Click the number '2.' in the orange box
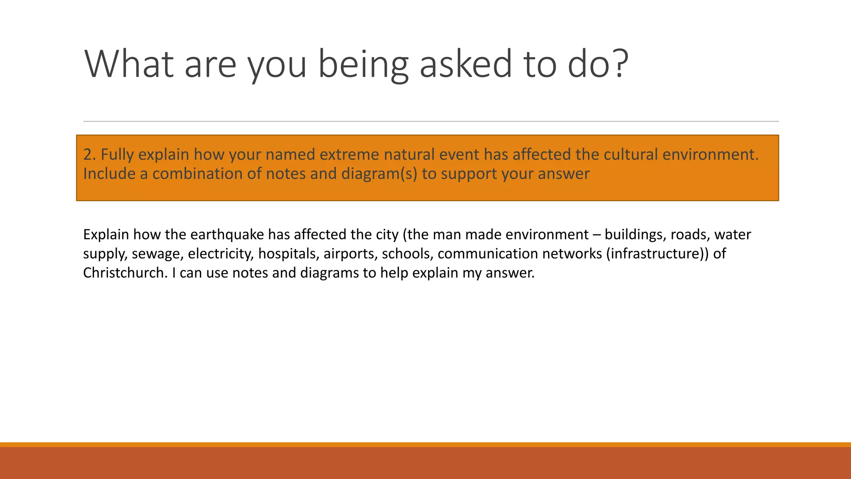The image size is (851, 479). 89,154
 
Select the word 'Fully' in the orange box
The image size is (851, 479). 117,154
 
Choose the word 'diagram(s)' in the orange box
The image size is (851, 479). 379,174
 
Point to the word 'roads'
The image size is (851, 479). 690,235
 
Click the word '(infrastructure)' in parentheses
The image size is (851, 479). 655,254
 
